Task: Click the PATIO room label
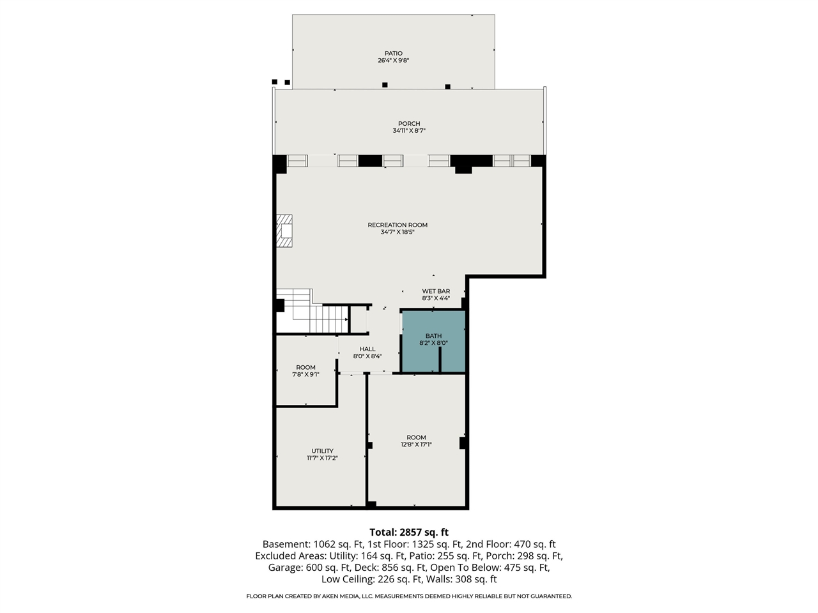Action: (393, 53)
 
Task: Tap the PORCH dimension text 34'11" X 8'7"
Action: (409, 131)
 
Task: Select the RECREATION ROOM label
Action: (397, 225)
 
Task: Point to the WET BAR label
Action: (436, 291)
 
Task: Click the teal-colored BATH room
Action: (433, 341)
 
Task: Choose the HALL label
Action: (367, 349)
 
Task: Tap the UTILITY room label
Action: (322, 451)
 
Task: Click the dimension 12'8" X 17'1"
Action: (416, 444)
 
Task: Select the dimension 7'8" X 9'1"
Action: (305, 374)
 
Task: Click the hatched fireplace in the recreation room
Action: (284, 231)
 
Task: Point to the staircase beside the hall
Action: (313, 311)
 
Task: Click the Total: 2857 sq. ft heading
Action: (409, 532)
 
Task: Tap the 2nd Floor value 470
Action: (522, 544)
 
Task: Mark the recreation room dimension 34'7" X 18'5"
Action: (397, 232)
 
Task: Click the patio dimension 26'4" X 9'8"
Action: (393, 60)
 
